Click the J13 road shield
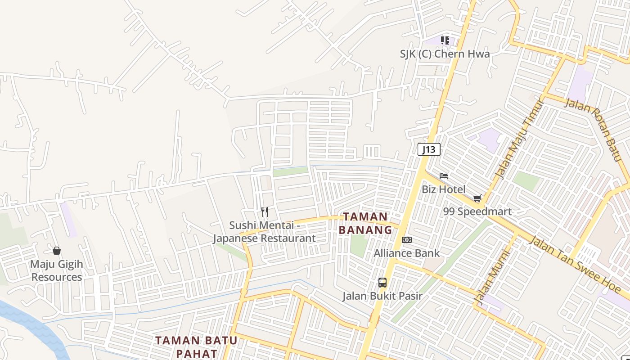[428, 149]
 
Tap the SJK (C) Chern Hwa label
[445, 54]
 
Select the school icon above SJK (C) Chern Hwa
[445, 40]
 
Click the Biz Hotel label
[443, 189]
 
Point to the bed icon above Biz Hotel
[444, 176]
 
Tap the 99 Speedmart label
[477, 211]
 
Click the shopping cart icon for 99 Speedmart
[477, 198]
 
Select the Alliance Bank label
[406, 253]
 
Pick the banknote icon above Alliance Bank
[406, 240]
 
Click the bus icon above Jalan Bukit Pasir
[382, 283]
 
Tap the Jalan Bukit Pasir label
[382, 296]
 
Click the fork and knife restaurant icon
[265, 211]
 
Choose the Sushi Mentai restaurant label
[264, 232]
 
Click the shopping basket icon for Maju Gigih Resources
[57, 251]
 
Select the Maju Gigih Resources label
[57, 270]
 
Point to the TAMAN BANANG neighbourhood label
[365, 223]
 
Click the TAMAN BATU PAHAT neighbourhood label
[196, 346]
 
